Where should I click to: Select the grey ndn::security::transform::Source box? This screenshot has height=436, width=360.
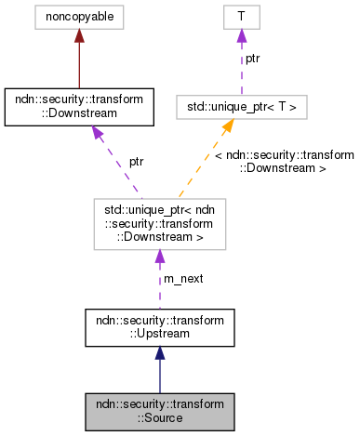(x=158, y=410)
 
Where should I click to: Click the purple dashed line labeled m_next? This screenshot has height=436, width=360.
(x=158, y=279)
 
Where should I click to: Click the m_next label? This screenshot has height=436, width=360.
(x=183, y=279)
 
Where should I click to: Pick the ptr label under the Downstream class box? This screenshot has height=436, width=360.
(x=136, y=161)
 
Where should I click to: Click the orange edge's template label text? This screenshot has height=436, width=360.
(x=284, y=161)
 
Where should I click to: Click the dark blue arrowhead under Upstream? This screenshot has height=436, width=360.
(x=158, y=352)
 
